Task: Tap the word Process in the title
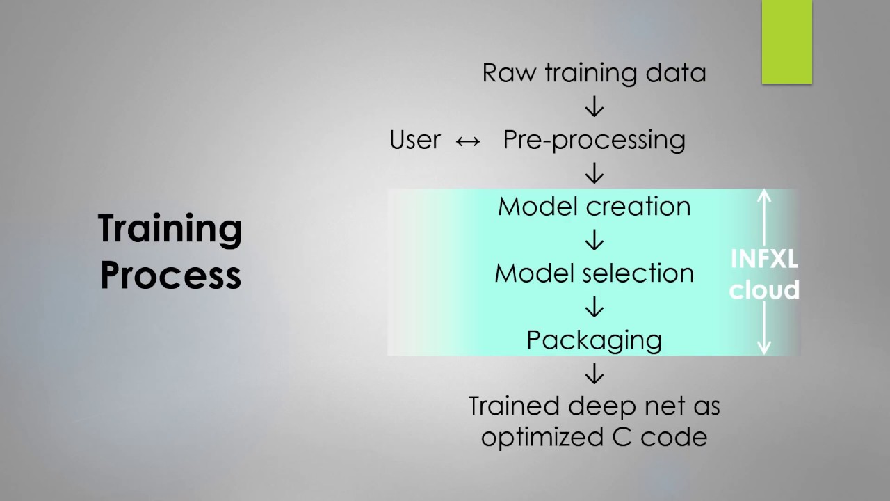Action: click(170, 276)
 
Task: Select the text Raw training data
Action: click(594, 73)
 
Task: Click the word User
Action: click(415, 140)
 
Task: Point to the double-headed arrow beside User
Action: click(468, 141)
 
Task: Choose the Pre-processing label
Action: click(594, 140)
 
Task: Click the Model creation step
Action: click(594, 207)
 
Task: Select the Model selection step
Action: click(594, 273)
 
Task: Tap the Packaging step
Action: click(594, 340)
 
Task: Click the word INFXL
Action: click(764, 260)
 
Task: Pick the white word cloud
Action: click(764, 289)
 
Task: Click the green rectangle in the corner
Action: click(787, 42)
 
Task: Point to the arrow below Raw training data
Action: click(594, 106)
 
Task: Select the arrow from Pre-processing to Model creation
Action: click(594, 173)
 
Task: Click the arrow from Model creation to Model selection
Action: click(594, 240)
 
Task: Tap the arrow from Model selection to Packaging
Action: click(594, 307)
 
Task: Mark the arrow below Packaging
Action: click(594, 374)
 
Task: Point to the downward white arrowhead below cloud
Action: click(764, 348)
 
